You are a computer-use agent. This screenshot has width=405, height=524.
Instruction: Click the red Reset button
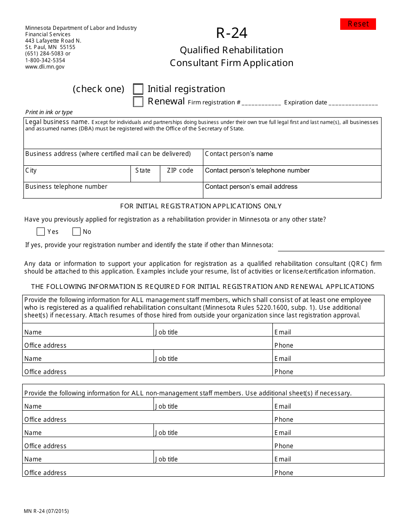coord(358,24)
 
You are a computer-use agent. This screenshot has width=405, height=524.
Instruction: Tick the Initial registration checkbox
coord(138,89)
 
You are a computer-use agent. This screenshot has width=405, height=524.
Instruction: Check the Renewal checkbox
coord(138,102)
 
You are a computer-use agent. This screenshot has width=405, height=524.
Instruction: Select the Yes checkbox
coord(41,232)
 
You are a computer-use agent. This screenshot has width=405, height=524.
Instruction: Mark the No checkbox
coord(76,232)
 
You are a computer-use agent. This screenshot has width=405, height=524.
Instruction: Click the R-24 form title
coord(231,33)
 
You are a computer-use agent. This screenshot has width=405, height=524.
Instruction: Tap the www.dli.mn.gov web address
coord(45,66)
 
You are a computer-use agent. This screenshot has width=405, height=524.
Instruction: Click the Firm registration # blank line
coord(261,104)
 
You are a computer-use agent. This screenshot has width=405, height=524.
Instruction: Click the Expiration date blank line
coord(353,104)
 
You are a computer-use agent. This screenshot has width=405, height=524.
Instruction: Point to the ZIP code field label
coord(180,170)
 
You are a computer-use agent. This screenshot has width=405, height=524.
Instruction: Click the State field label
coord(143,170)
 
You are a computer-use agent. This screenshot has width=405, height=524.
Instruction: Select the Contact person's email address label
coord(251,187)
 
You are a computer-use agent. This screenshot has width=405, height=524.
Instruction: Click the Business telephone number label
coord(66,187)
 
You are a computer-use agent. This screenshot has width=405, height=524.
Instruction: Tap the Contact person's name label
coord(239,154)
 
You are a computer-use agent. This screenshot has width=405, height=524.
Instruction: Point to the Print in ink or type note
coord(49,112)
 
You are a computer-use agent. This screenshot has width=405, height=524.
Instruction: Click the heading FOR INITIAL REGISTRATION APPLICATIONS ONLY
coord(201,206)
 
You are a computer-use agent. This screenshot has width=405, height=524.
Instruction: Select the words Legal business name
coord(57,122)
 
